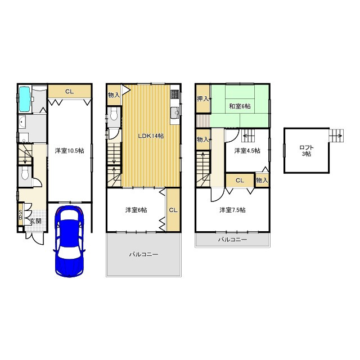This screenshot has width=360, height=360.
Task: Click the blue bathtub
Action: (25, 99)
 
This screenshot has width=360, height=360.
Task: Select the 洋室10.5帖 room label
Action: (69, 151)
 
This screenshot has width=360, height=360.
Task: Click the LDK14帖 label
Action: (151, 136)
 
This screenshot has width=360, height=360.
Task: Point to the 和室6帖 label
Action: (240, 106)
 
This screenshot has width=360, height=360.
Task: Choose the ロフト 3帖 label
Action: (307, 151)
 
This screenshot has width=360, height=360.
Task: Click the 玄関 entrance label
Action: (36, 221)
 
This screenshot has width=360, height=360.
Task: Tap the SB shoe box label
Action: (20, 214)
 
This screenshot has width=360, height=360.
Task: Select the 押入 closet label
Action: (202, 99)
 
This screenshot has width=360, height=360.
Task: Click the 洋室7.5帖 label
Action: (232, 210)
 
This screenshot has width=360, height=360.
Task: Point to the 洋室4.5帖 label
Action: (247, 151)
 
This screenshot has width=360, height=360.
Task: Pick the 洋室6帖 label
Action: (136, 210)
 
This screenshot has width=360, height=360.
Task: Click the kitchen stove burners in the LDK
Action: (174, 94)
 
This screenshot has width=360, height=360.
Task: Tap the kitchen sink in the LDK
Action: (175, 112)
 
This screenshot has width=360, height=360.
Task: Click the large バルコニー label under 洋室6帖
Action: (143, 254)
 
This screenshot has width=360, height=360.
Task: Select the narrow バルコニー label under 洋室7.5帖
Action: (232, 240)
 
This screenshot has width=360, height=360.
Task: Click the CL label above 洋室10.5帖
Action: (70, 92)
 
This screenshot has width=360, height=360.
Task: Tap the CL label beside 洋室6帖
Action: (173, 210)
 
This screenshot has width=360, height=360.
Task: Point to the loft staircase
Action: (336, 136)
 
